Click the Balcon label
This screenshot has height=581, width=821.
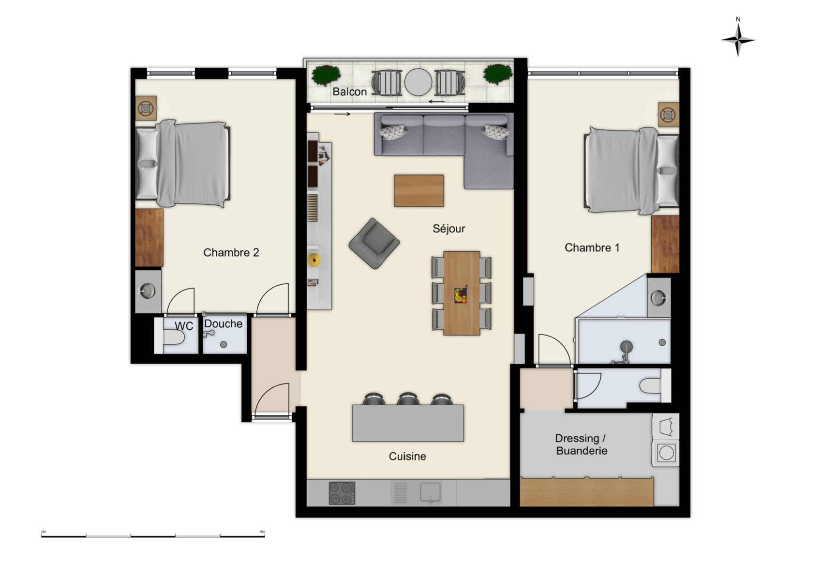[349, 92]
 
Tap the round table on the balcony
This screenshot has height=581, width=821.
[418, 82]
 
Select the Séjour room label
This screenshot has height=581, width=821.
[448, 229]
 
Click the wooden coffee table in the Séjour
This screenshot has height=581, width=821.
[418, 191]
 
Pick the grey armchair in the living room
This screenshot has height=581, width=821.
[374, 244]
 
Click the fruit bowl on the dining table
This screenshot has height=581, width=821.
[461, 295]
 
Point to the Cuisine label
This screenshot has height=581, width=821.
[407, 456]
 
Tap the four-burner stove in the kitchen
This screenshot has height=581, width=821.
[342, 493]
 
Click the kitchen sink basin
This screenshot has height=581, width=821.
[430, 492]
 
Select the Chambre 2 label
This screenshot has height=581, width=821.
[231, 252]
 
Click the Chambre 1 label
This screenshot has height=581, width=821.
[592, 247]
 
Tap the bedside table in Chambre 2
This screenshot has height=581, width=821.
[146, 108]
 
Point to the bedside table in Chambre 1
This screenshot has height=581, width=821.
[669, 115]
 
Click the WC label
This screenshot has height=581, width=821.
[184, 326]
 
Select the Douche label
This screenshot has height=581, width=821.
[223, 323]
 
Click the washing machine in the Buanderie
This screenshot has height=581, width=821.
[666, 453]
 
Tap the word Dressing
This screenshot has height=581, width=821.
[577, 438]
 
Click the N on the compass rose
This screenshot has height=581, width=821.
[738, 19]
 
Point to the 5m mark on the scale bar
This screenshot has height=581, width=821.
[262, 532]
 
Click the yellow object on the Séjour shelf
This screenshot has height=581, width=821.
[313, 260]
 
